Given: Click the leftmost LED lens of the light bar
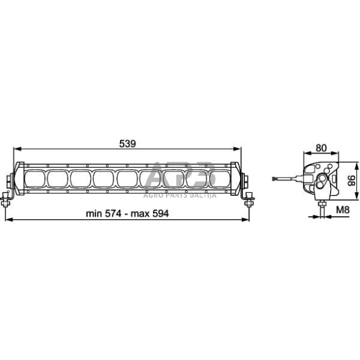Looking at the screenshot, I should point(34,179).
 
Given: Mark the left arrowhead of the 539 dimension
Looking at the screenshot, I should point(18,149).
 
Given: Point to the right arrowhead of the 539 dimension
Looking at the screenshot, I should point(238,149).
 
